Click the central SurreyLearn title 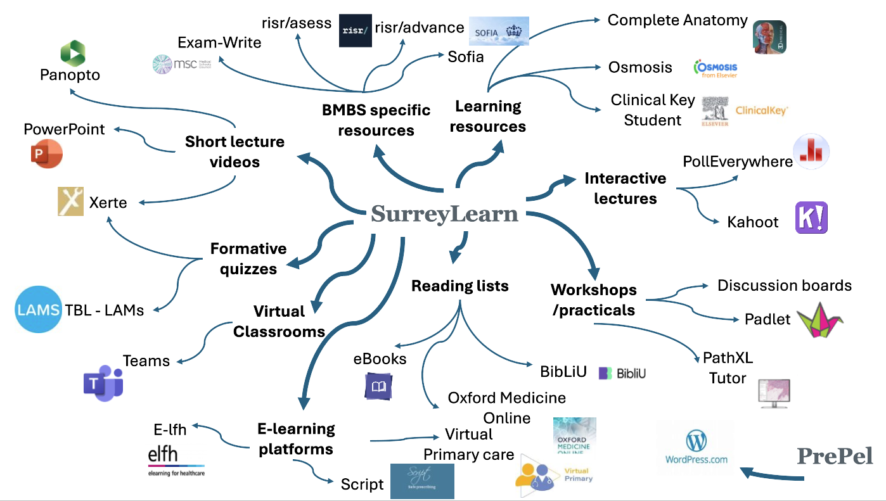pyautogui.click(x=444, y=214)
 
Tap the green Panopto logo pyautogui.click(x=73, y=51)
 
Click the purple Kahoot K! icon pyautogui.click(x=811, y=218)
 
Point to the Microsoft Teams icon pyautogui.click(x=103, y=383)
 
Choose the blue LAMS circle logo pyautogui.click(x=38, y=310)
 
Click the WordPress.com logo pyautogui.click(x=696, y=447)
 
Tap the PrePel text pyautogui.click(x=835, y=456)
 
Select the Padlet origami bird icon pyautogui.click(x=819, y=320)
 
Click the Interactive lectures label pyautogui.click(x=625, y=189)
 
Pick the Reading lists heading pyautogui.click(x=460, y=286)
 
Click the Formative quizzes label pyautogui.click(x=248, y=258)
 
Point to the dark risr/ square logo pyautogui.click(x=355, y=30)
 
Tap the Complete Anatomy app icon pyautogui.click(x=769, y=37)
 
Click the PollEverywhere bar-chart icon pyautogui.click(x=811, y=152)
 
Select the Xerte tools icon pyautogui.click(x=70, y=201)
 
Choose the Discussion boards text pyautogui.click(x=784, y=286)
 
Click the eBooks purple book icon pyautogui.click(x=379, y=386)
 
